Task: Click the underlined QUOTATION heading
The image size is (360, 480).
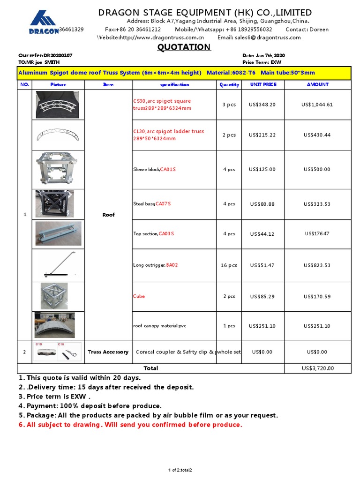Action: (x=184, y=47)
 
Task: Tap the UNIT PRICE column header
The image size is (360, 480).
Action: (x=263, y=85)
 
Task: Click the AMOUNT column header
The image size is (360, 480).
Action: (x=317, y=85)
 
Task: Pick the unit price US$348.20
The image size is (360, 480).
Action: (x=262, y=105)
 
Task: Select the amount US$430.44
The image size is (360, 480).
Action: (x=317, y=135)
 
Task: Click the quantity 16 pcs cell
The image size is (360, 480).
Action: (x=229, y=265)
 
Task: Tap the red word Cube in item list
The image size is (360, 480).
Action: (x=139, y=296)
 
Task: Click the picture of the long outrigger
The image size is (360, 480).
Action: (x=58, y=265)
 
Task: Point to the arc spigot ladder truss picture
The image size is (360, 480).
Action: (x=58, y=135)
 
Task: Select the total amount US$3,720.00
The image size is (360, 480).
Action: (x=318, y=368)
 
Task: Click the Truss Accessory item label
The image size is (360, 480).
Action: (x=108, y=352)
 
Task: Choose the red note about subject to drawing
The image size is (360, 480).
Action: (x=130, y=425)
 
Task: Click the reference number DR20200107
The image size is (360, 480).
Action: (x=58, y=55)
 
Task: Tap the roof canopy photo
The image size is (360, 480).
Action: (x=55, y=325)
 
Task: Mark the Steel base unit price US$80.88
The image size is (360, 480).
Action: (x=262, y=204)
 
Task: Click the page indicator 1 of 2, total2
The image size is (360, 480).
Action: (x=180, y=470)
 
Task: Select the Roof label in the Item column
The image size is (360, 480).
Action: (x=108, y=215)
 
